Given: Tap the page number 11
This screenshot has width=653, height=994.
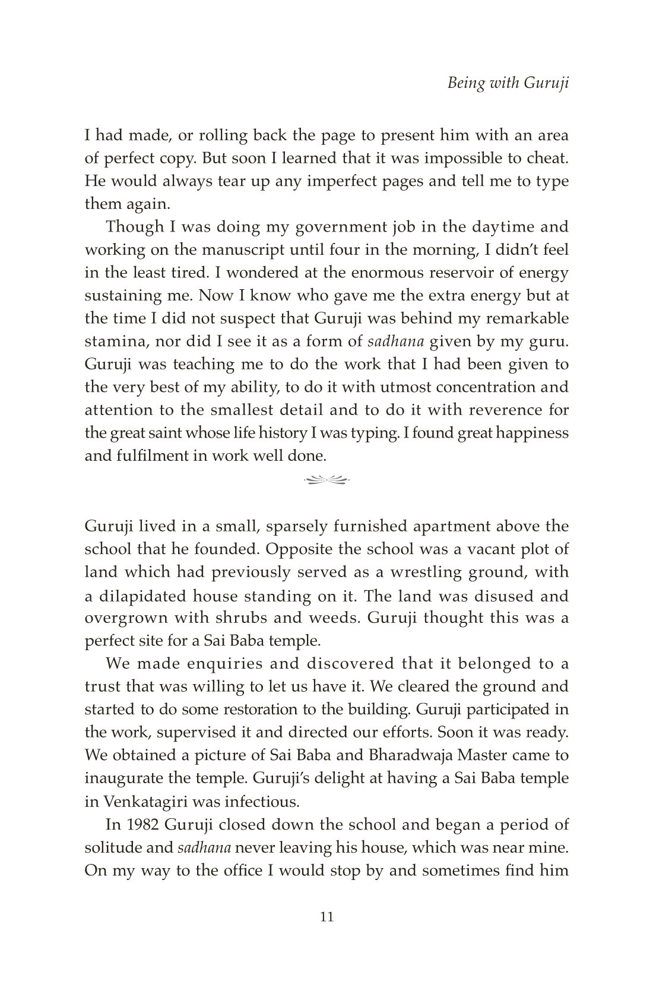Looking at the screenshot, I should click(326, 917).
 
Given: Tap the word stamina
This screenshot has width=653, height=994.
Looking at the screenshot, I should click(112, 341).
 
